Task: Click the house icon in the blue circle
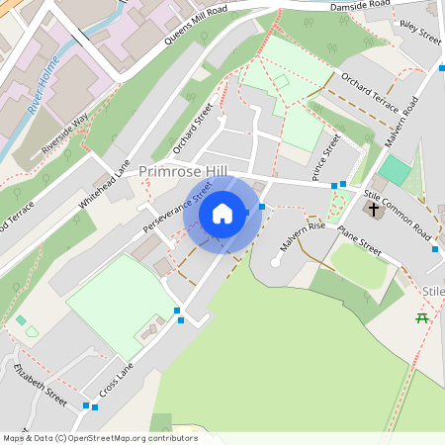[x=222, y=214]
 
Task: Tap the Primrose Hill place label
[x=183, y=172]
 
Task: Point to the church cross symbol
[x=374, y=210]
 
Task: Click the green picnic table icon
[x=422, y=317]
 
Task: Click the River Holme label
[x=44, y=86]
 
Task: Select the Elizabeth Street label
[x=41, y=385]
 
